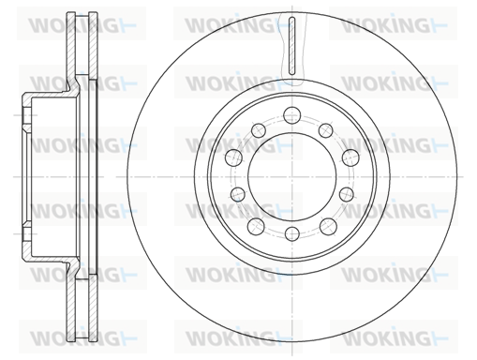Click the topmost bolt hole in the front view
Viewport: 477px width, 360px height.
291,114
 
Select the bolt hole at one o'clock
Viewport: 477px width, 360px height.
325,130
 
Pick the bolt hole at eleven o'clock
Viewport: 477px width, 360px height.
259,130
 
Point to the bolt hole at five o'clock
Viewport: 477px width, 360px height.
328,227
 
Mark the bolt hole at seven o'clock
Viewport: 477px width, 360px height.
256,227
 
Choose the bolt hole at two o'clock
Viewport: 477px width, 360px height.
350,157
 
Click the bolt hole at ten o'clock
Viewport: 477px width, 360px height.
233,157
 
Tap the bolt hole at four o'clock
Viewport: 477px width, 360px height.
346,194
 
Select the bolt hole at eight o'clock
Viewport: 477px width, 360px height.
238,194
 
